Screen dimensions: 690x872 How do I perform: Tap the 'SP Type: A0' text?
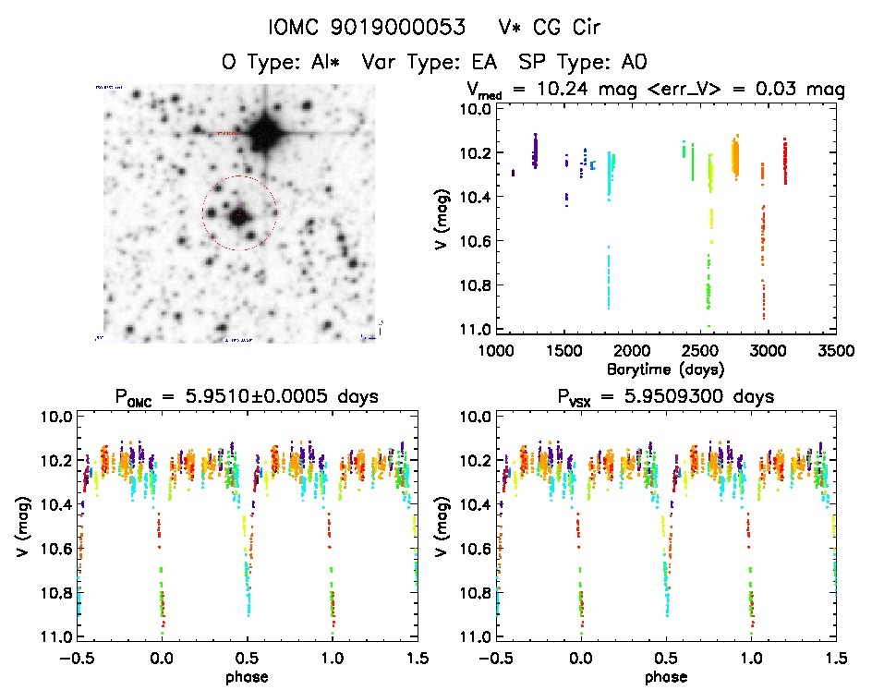coord(583,63)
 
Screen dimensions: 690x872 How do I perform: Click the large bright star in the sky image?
coord(267,131)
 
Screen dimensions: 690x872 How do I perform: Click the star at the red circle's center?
coord(239,214)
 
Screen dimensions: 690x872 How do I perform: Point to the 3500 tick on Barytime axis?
coord(836,351)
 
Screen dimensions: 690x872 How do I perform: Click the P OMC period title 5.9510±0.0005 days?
coord(248,397)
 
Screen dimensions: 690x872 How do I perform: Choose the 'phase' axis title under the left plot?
coord(248,676)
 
